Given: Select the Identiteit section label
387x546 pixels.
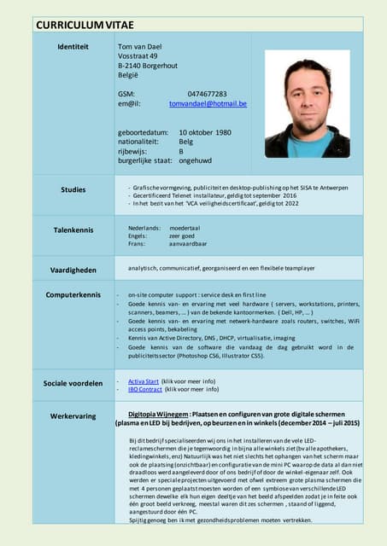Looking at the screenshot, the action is click(73, 46).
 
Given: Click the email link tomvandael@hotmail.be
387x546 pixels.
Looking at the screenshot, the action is click(208, 104).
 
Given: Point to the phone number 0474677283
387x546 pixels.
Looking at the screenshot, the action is click(207, 94).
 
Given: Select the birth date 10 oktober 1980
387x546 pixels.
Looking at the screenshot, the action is click(205, 133).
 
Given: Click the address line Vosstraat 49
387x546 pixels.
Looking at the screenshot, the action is click(138, 56).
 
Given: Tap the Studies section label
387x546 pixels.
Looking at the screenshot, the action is click(73, 189).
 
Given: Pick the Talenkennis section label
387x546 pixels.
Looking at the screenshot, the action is click(73, 230).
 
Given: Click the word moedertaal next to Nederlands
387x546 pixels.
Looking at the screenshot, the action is click(185, 229).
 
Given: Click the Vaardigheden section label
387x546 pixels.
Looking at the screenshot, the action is click(73, 270).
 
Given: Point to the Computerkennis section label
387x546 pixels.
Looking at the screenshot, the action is click(73, 295).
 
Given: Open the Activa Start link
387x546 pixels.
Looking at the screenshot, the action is click(143, 380).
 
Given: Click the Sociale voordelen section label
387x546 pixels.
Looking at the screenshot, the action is click(73, 384).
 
